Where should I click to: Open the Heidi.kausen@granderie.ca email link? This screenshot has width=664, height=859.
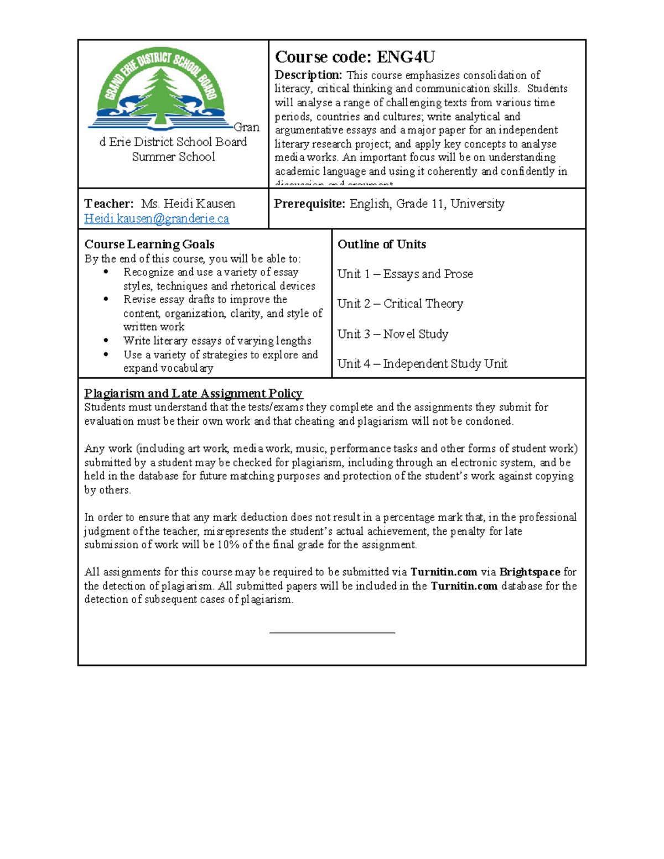156,218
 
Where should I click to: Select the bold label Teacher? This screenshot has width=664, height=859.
108,204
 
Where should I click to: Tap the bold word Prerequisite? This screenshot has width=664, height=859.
309,204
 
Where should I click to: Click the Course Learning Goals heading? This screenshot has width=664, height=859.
149,244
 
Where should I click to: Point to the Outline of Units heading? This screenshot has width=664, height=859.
381,244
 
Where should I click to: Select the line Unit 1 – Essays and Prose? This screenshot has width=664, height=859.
405,274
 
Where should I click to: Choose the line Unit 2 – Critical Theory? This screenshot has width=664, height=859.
400,304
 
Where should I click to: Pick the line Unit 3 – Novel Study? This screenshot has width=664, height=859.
393,334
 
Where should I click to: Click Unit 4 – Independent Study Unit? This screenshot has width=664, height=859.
422,363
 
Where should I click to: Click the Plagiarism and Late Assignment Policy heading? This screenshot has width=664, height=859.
193,393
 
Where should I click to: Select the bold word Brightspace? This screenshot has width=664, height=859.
530,572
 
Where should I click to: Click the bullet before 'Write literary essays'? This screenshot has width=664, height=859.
106,341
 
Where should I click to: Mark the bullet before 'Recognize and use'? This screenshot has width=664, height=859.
106,272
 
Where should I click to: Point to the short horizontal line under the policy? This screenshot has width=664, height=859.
332,632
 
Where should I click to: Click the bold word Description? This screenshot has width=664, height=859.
308,75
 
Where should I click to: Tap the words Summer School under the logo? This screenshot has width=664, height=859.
173,157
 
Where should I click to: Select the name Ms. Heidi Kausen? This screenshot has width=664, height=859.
188,204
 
